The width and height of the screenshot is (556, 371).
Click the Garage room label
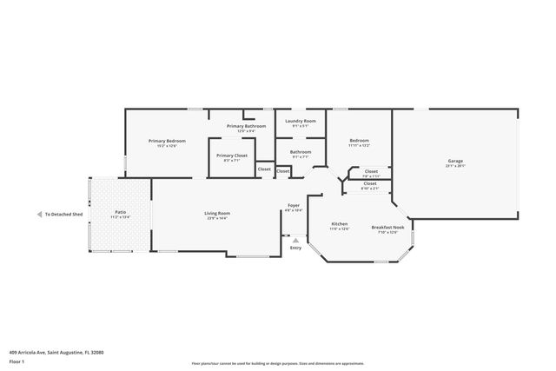[455, 161]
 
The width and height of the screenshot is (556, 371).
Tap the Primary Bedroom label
[167, 141]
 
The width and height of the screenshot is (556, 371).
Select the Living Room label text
[217, 213]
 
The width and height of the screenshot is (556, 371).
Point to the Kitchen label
[340, 223]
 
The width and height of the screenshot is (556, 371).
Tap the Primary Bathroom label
[247, 126]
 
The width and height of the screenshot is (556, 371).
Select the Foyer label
[295, 205]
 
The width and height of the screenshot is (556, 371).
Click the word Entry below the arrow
[295, 248]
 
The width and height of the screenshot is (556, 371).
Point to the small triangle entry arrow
[295, 240]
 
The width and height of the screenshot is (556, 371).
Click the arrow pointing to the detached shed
[38, 214]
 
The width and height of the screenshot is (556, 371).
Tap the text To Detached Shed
[64, 214]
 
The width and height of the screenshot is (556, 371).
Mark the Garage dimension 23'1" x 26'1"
[455, 167]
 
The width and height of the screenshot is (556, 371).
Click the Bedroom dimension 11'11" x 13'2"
[360, 146]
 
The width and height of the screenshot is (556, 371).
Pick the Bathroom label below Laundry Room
[301, 152]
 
